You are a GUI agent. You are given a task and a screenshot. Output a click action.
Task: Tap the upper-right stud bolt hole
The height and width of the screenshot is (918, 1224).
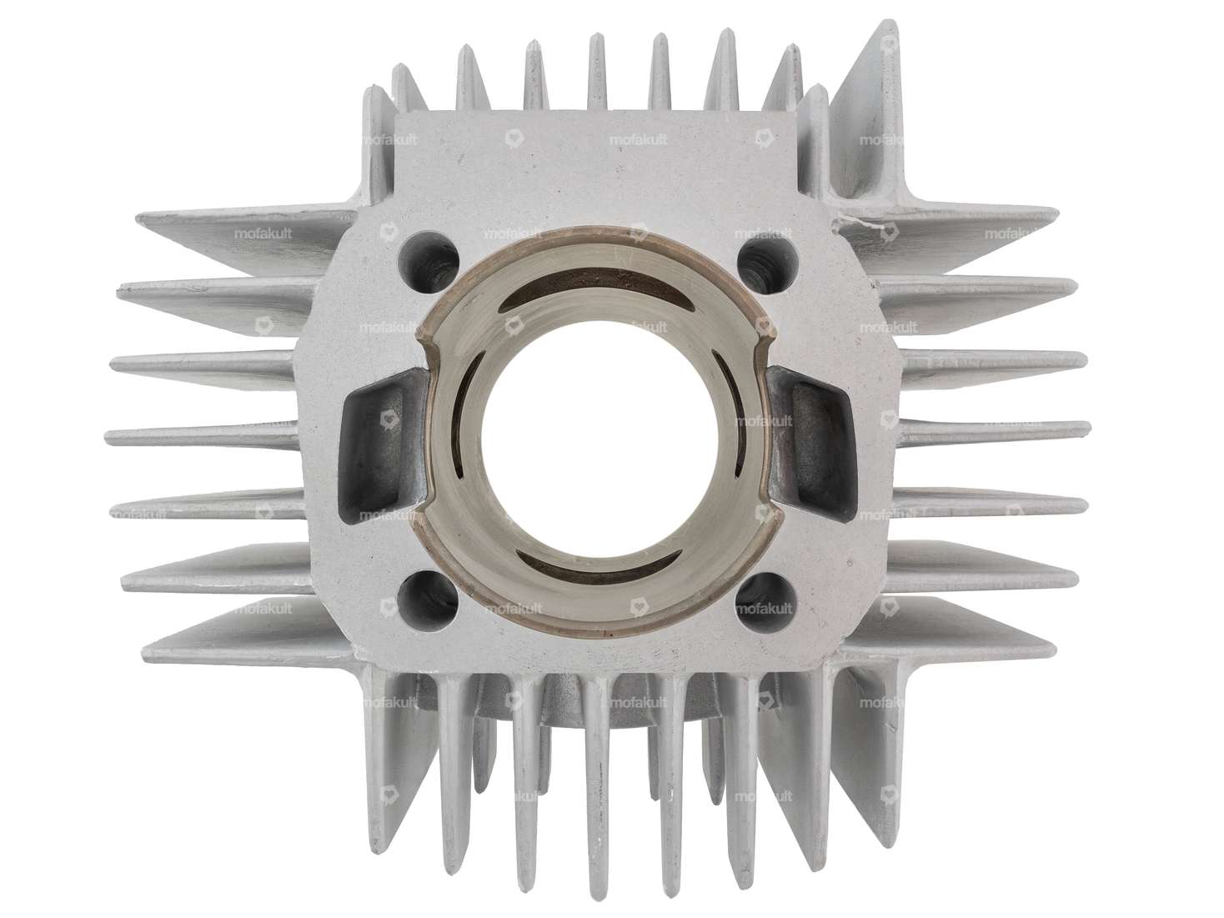coord(762,256)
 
